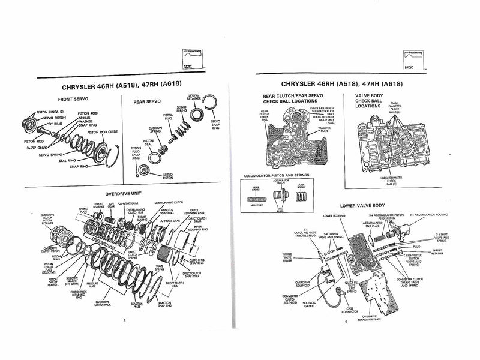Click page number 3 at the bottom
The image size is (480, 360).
[x=124, y=322]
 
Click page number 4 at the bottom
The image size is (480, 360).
[x=346, y=322]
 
